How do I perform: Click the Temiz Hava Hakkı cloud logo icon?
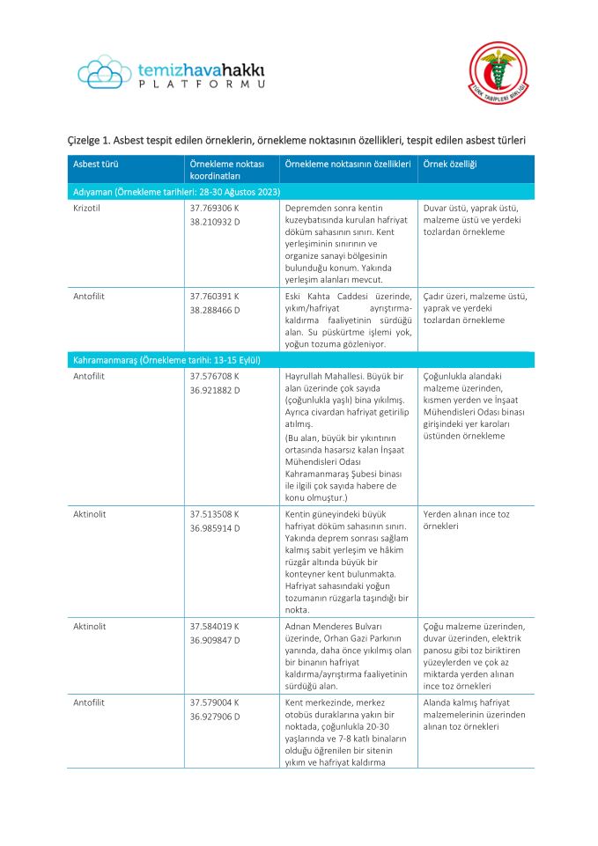[x=104, y=71]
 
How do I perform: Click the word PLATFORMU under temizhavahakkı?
[x=202, y=84]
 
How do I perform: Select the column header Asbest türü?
[x=96, y=165]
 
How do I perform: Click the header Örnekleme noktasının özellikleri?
[x=347, y=165]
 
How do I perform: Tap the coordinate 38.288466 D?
[x=215, y=310]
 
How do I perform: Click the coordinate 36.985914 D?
[x=215, y=527]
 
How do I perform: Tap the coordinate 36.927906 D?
[x=215, y=717]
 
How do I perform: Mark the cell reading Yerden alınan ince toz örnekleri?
[x=467, y=519]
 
